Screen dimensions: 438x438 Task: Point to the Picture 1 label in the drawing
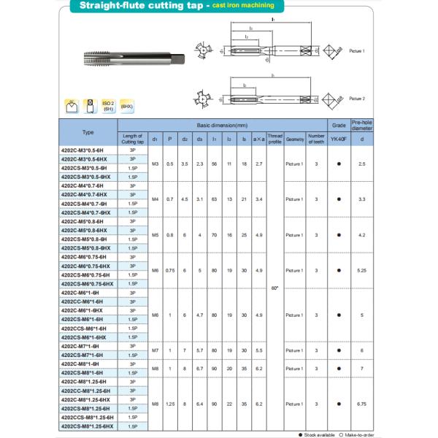[x=356, y=51]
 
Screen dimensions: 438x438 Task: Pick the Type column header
[x=88, y=132]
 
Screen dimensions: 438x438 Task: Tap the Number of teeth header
[x=315, y=137]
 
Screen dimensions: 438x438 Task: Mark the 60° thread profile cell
[x=274, y=288]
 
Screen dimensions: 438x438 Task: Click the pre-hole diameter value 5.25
[x=362, y=270]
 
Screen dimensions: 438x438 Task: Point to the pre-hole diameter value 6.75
[x=362, y=404]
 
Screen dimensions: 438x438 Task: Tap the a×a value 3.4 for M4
[x=258, y=199]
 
